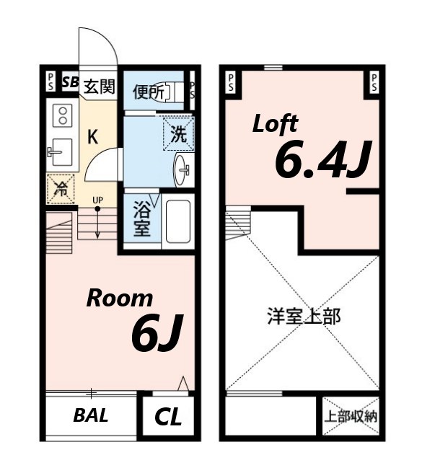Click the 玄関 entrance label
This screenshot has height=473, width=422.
click(99, 87)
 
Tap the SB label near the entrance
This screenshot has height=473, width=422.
click(70, 81)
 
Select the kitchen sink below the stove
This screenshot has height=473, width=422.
click(61, 151)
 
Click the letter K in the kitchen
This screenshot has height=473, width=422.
click(94, 136)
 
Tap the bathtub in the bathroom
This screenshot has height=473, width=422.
click(177, 221)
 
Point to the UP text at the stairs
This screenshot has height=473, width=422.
click(96, 200)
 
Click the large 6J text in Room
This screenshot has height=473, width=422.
click(154, 334)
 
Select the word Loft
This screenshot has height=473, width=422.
click(274, 124)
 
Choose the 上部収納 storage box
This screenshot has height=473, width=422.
click(350, 416)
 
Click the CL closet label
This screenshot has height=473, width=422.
click(167, 417)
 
